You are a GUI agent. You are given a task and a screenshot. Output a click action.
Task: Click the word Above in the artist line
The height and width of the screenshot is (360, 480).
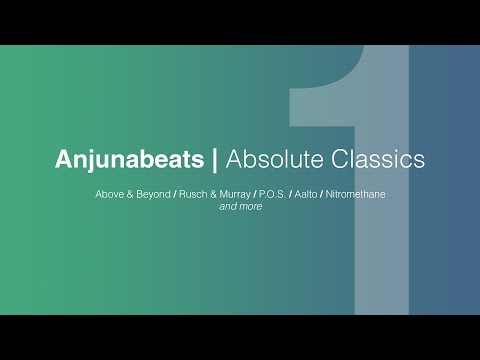[109, 193]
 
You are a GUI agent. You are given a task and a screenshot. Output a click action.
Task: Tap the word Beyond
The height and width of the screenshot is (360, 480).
[155, 193]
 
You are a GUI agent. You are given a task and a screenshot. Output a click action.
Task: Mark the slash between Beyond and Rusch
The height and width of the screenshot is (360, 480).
[177, 193]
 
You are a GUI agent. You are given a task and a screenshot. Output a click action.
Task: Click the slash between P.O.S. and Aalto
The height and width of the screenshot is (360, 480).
[292, 193]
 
